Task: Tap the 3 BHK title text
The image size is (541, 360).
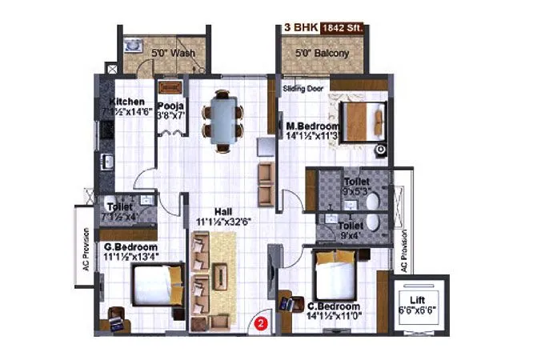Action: pyautogui.click(x=302, y=27)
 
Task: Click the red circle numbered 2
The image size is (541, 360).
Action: pyautogui.click(x=260, y=324)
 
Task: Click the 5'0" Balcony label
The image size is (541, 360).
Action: pyautogui.click(x=323, y=54)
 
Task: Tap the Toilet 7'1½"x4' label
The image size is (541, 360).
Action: pyautogui.click(x=122, y=210)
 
